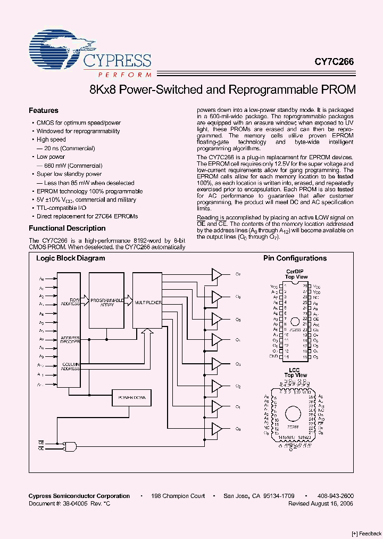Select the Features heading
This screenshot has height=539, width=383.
pos(43,111)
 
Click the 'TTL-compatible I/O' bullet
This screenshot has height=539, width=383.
pos(61,208)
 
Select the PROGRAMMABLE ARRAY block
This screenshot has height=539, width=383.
pos(106,301)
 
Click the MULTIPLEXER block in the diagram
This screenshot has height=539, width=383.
pos(148,302)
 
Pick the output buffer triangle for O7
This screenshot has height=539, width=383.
pos(217,275)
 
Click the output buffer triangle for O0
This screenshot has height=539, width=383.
pos(217,428)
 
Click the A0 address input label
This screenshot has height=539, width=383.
pos(42,279)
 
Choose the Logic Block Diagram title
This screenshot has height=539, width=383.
pos(70,258)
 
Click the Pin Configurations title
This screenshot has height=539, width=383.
pos(295,258)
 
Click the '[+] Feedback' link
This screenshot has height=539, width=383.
pos(367,533)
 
